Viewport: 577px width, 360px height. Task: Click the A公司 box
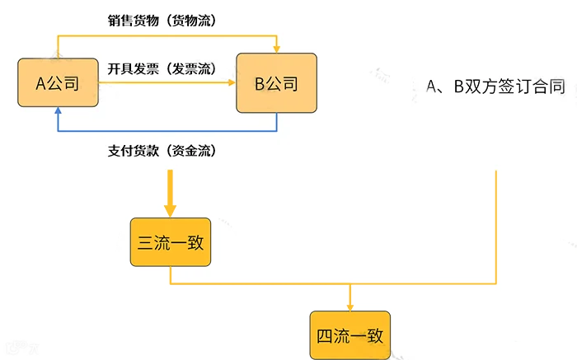click(59, 82)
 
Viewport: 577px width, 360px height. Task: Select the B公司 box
click(276, 82)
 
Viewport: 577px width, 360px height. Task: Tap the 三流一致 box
click(171, 242)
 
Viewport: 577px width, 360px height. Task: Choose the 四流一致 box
click(350, 335)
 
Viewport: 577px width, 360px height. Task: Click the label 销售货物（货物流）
click(162, 21)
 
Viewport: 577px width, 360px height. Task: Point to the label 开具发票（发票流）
click(162, 68)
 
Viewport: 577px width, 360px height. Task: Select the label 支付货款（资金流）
click(162, 151)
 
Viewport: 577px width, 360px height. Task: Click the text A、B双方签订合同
click(495, 86)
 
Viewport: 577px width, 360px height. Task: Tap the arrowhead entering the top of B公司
click(277, 49)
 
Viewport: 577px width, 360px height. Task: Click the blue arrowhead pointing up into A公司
click(58, 110)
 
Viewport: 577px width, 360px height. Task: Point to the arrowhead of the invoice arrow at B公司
click(232, 82)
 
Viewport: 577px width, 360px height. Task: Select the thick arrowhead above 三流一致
click(170, 211)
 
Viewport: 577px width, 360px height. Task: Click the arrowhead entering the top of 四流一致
click(350, 307)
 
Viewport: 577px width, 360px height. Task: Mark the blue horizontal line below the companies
click(167, 130)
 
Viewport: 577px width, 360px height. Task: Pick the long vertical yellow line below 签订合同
click(496, 227)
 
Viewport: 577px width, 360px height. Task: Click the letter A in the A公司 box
click(40, 84)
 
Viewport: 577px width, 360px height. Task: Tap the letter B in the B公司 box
click(260, 84)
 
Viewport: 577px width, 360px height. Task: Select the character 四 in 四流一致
click(324, 336)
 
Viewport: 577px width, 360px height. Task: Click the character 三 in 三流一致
click(145, 243)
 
